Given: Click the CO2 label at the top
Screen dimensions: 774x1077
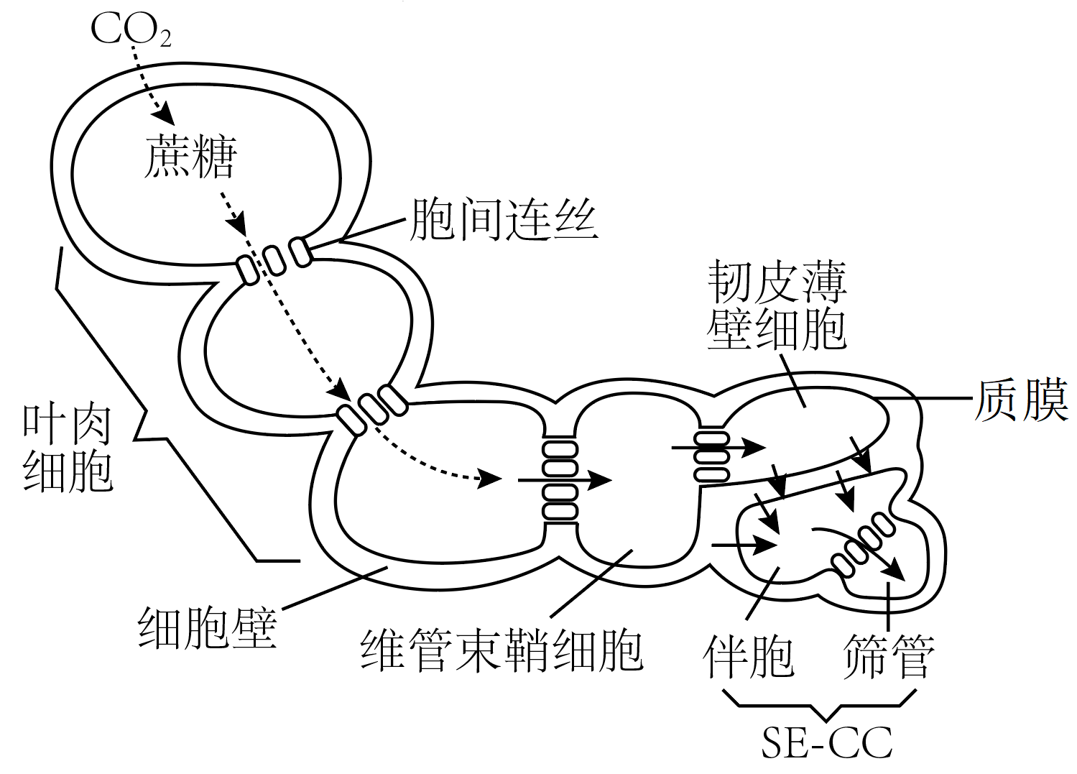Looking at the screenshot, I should (x=131, y=29).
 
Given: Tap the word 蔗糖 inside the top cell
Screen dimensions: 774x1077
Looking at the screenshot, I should (x=190, y=157).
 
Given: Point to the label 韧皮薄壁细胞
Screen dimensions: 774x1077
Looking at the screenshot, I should (x=777, y=305).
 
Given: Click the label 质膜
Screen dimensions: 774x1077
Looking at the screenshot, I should (x=1021, y=399).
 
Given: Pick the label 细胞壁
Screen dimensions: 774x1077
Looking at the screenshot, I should (x=207, y=627).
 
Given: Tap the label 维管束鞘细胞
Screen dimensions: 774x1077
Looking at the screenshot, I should (x=501, y=649).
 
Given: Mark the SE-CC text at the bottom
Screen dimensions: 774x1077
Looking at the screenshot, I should (x=827, y=743).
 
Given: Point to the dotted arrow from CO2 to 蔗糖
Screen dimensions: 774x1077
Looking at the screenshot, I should (x=151, y=79).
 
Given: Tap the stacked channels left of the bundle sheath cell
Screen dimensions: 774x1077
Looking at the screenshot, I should (x=560, y=479).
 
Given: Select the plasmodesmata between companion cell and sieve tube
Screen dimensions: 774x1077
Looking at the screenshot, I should (x=861, y=545).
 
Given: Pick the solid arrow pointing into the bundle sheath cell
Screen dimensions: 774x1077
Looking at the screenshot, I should (x=564, y=480).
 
